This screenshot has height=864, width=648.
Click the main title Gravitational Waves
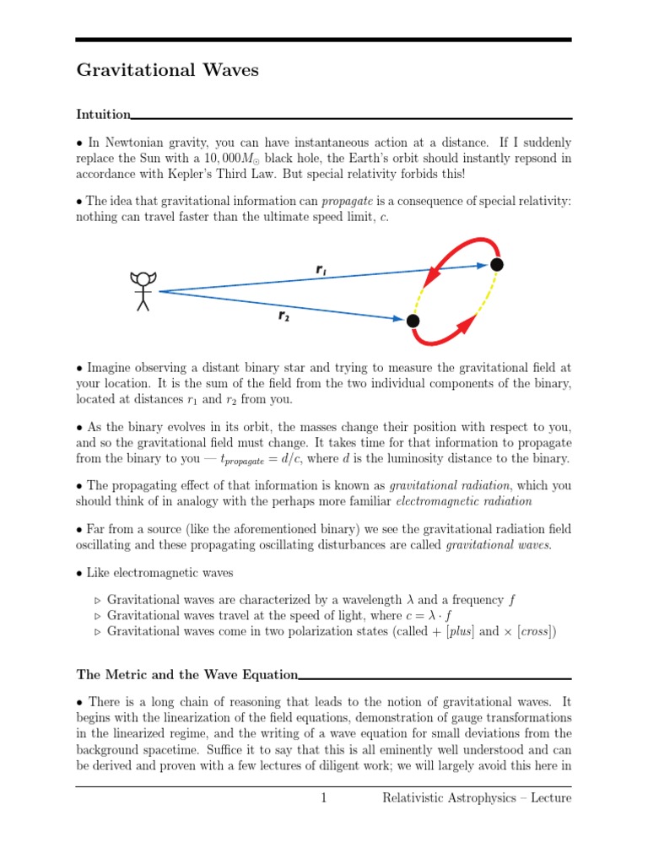tap(167, 71)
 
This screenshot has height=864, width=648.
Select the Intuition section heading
tap(103, 114)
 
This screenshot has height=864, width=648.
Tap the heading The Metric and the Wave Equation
tap(186, 674)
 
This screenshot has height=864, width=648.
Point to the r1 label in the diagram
tap(321, 269)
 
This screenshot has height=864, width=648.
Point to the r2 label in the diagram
tap(285, 316)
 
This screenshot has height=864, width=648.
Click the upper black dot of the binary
tap(497, 265)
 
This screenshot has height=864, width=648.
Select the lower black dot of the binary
tap(413, 321)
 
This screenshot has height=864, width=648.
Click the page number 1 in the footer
tap(323, 797)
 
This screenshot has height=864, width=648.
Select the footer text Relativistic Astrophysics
tap(452, 797)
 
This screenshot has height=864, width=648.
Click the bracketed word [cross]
tap(529, 632)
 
